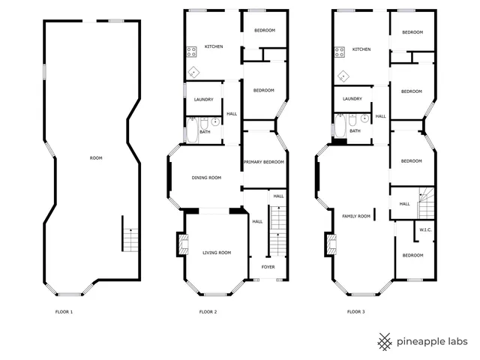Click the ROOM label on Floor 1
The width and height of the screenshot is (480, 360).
96,157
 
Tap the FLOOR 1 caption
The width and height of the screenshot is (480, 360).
64,311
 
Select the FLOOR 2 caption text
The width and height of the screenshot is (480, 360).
208,311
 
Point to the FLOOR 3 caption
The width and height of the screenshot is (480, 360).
355,311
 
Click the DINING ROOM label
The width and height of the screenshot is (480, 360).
206,178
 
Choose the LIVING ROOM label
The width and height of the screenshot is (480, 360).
217,253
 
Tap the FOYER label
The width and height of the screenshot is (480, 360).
268,267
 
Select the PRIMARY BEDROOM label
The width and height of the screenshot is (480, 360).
263,162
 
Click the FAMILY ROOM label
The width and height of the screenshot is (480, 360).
356,216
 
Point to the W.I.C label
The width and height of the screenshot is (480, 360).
424,229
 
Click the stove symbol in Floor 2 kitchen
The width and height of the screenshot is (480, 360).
191,52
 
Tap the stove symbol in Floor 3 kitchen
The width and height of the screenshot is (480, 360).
340,52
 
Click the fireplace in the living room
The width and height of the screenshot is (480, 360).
182,244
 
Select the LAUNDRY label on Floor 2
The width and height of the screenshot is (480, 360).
203,100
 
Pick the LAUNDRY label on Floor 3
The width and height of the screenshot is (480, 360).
352,99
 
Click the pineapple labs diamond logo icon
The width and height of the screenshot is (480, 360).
385,341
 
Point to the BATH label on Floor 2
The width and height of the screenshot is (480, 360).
205,131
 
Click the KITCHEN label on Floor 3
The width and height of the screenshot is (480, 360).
361,49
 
